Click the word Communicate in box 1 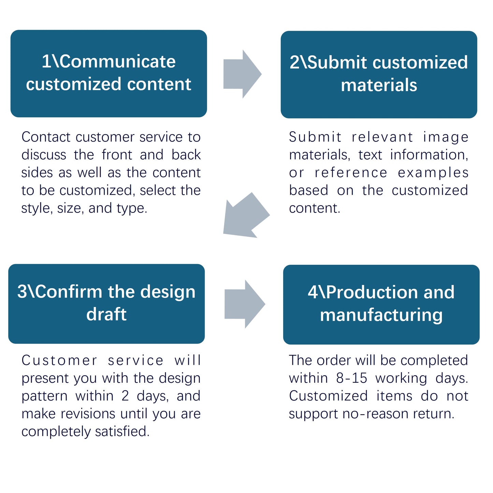tap(118, 61)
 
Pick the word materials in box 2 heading tap(379, 85)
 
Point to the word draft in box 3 tap(106, 314)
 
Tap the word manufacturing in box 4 tap(381, 315)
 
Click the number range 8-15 tap(351, 378)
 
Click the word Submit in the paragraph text tap(315, 137)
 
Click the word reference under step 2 tap(351, 173)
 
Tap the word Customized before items tap(328, 396)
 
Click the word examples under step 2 tap(433, 173)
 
